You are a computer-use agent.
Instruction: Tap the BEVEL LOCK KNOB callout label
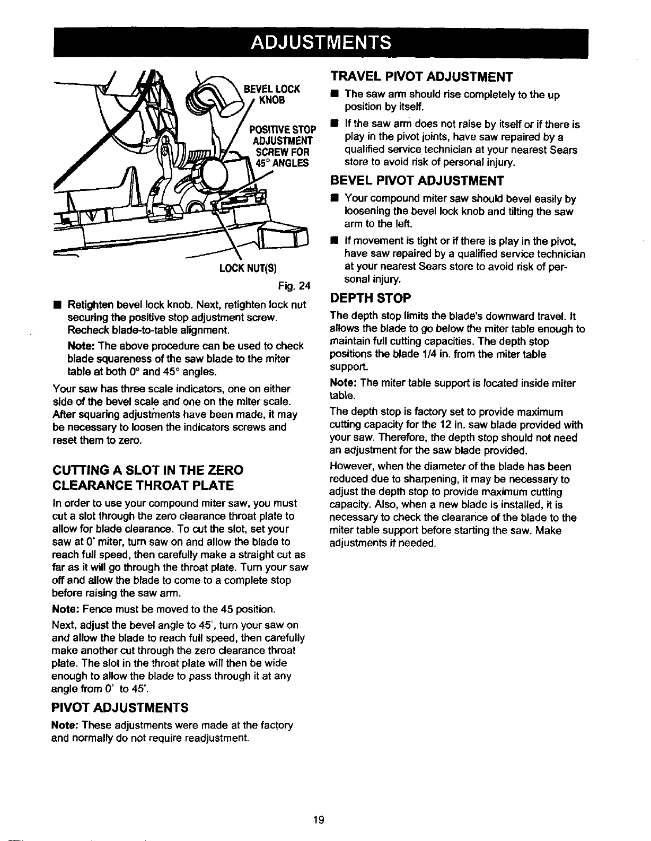point(271,93)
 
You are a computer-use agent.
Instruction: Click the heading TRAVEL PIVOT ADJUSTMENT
point(421,77)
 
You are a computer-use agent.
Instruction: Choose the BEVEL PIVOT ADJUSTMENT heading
point(416,181)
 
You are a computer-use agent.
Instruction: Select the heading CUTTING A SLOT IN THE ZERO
point(147,470)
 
